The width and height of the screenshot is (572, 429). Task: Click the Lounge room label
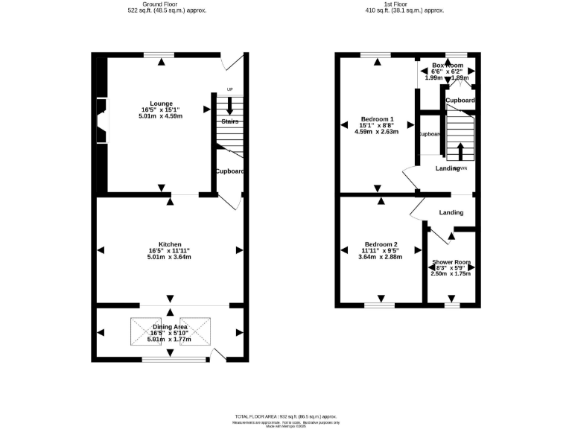pyautogui.click(x=162, y=104)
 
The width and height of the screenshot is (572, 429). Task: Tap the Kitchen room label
pyautogui.click(x=170, y=244)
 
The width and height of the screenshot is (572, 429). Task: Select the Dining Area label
pyautogui.click(x=170, y=327)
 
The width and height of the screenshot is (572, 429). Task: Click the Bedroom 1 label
pyautogui.click(x=378, y=119)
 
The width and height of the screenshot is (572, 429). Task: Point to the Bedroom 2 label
pyautogui.click(x=380, y=244)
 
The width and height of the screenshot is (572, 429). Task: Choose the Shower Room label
pyautogui.click(x=451, y=262)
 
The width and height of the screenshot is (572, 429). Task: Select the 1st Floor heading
pyautogui.click(x=404, y=4)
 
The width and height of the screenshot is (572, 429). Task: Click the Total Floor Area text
pyautogui.click(x=286, y=416)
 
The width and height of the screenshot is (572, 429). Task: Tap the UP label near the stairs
pyautogui.click(x=229, y=89)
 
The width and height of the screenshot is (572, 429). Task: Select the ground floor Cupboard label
pyautogui.click(x=230, y=171)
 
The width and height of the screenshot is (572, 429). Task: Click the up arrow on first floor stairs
pyautogui.click(x=460, y=151)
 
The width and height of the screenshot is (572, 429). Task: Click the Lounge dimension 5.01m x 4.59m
pyautogui.click(x=162, y=116)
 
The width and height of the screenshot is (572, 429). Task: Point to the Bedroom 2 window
pyautogui.click(x=380, y=305)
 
